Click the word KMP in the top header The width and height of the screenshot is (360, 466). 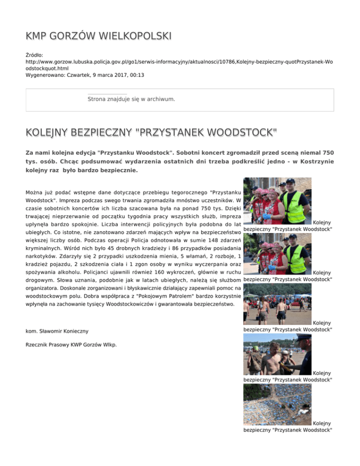[37, 36]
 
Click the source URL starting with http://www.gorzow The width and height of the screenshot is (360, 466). [178, 61]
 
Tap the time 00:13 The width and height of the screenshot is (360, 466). [136, 75]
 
